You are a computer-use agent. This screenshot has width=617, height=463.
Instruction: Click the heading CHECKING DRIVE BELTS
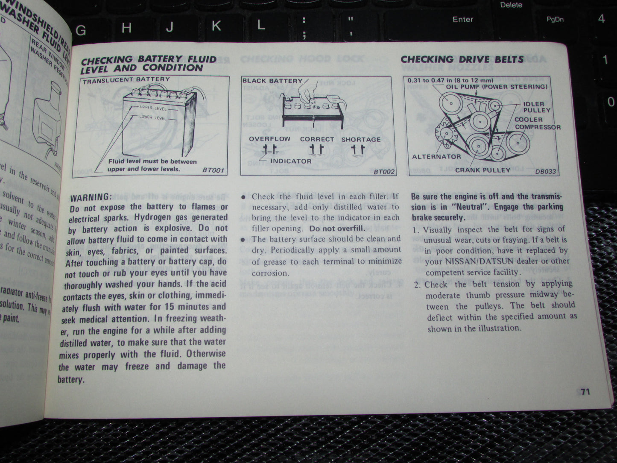coord(462,59)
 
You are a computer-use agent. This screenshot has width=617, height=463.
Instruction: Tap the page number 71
coord(585,392)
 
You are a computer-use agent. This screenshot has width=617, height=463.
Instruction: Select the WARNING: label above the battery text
coord(90,197)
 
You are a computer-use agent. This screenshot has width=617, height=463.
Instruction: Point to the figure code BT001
coord(213,171)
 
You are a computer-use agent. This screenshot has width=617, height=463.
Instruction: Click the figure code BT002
coord(384,172)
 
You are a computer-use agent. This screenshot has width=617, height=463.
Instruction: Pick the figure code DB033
coord(546,171)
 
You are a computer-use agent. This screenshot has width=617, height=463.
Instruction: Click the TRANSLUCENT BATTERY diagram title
coord(126,79)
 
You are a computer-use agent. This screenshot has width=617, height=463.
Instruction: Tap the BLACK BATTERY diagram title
coord(272,81)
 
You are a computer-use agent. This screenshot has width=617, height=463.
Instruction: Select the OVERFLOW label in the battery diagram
coord(269,139)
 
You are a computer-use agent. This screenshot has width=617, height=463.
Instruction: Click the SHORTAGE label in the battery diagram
coord(361,140)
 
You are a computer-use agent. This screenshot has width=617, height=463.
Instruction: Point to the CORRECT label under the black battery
coord(317,139)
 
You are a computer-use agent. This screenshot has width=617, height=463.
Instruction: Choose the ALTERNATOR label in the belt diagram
coord(436,157)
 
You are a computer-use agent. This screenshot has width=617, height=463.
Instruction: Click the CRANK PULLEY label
coord(482,170)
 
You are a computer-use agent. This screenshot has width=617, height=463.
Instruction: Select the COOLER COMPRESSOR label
coord(537,123)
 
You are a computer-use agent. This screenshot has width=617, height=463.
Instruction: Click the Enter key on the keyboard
coord(463,20)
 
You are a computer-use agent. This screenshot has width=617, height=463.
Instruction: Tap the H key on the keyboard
coord(126,28)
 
